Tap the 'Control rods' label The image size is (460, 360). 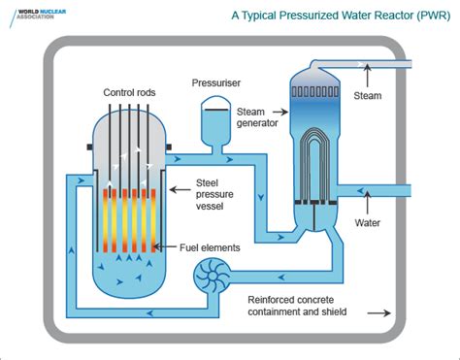point(130,93)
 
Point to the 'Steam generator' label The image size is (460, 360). point(257,117)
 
